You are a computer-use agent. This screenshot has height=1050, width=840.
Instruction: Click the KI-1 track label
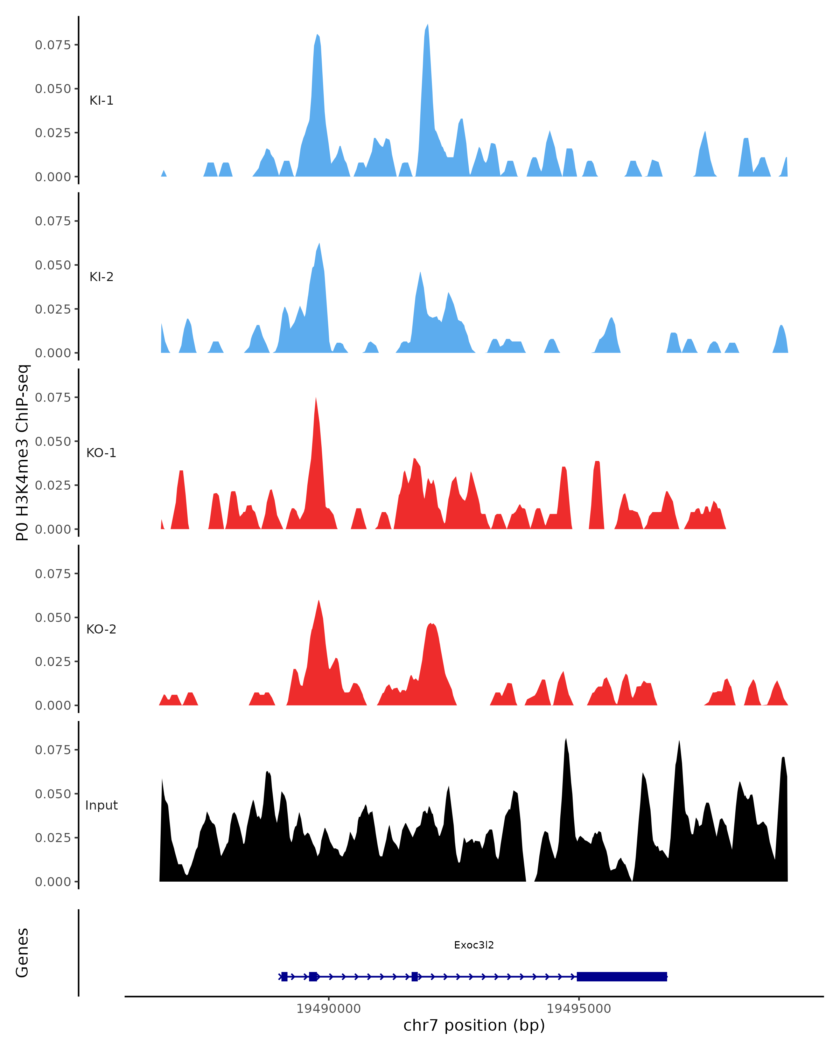coord(101,101)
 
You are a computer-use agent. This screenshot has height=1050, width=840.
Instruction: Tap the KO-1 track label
coord(101,453)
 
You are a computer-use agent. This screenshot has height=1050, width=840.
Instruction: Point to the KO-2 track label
coord(101,629)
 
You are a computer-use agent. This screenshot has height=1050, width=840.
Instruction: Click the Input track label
coord(101,805)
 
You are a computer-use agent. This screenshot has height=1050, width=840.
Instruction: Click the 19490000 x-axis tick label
coord(328,1009)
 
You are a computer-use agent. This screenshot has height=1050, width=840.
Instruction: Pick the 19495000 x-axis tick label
coord(579,1009)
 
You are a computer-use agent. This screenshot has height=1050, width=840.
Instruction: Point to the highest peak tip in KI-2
coord(319,244)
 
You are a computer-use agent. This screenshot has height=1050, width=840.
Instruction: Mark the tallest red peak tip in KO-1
coord(316,398)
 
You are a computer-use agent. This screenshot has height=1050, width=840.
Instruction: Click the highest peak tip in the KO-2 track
coord(318,601)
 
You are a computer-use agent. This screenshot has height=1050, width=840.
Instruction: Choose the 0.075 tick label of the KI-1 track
coord(52,45)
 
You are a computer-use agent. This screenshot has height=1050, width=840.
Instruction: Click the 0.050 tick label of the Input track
coord(52,794)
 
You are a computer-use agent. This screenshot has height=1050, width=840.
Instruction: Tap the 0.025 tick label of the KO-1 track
coord(52,485)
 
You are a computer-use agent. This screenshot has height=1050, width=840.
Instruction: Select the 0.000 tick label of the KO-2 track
coord(52,706)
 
